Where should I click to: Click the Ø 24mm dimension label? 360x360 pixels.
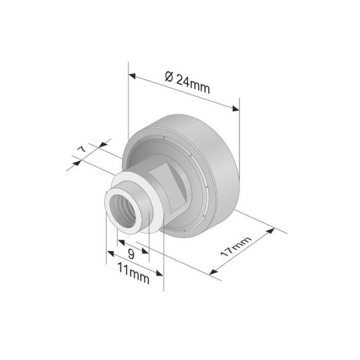coord(188,83)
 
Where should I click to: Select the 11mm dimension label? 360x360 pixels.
coord(133,274)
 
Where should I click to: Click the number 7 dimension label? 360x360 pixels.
coord(81,150)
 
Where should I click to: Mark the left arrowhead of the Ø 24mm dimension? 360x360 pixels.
coord(132,76)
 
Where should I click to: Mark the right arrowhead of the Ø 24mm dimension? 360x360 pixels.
coord(237,109)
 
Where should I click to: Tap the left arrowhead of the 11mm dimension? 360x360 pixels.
coord(110,253)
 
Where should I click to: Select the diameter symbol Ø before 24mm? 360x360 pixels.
coord(169,78)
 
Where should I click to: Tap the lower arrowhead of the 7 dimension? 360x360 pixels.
coord(78,163)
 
